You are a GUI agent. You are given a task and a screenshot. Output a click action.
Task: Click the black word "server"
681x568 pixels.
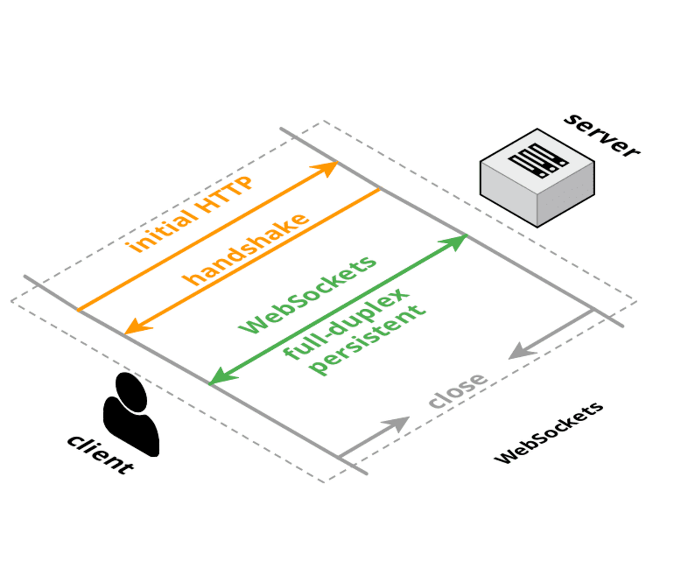[602, 136]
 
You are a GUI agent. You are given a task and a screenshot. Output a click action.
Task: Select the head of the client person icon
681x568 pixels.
[131, 392]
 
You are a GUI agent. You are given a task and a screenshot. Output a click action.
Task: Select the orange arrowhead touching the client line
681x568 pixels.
[134, 327]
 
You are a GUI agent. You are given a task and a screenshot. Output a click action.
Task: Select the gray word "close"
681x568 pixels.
[457, 390]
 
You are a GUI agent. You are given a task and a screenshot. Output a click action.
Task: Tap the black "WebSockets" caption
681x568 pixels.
[548, 434]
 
